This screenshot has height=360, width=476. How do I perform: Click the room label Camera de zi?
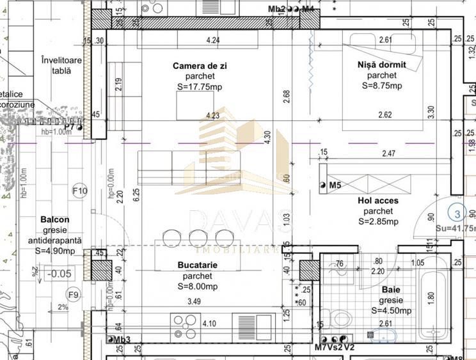click(200, 66)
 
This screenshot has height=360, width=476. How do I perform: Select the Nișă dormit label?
click(382, 65)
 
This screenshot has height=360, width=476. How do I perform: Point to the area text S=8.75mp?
click(382, 86)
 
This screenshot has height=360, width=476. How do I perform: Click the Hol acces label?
click(377, 201)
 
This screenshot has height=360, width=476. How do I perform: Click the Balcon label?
click(54, 219)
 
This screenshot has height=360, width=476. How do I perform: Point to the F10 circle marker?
click(80, 191)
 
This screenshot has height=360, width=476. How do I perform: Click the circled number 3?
click(457, 214)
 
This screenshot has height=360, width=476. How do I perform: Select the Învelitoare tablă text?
click(62, 65)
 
